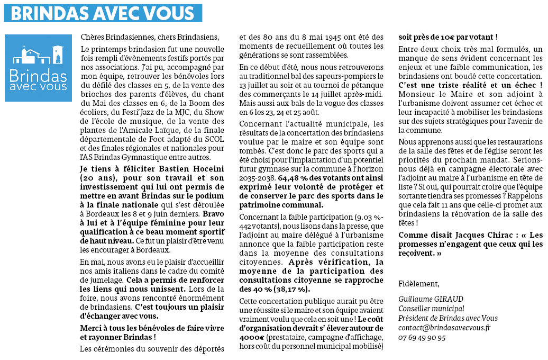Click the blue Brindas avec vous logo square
38,68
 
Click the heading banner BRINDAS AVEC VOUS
103,13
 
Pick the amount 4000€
251,337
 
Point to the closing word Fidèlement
418,284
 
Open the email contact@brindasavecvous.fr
445,328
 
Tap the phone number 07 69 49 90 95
422,337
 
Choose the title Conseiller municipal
431,309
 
